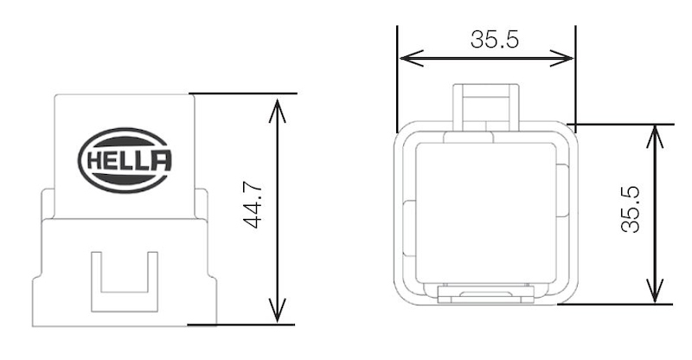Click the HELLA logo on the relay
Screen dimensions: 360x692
point(125,160)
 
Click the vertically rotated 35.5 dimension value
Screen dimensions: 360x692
point(630,213)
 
